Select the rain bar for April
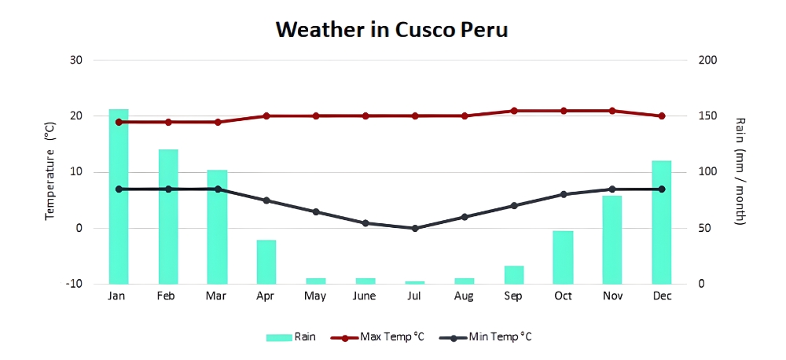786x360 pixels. tap(266, 262)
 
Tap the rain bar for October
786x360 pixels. tap(563, 257)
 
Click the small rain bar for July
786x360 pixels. tap(415, 282)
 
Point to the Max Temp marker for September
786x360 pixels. tap(514, 111)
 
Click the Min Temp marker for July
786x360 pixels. tap(415, 228)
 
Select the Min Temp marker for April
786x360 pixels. tap(266, 200)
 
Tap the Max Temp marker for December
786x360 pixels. tap(662, 116)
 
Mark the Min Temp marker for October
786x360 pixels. tap(563, 194)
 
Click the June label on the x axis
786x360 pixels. tap(365, 296)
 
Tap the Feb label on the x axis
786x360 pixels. tap(167, 296)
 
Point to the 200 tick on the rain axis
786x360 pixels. tap(708, 60)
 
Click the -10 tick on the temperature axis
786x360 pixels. tap(75, 285)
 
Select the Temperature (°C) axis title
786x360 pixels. tap(50, 171)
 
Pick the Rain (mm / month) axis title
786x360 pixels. tap(740, 171)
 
